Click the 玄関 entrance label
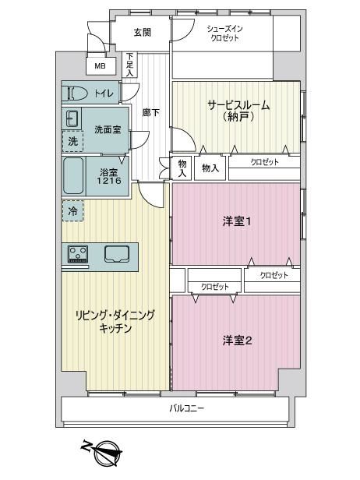pos(143,32)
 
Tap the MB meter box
pos(101,65)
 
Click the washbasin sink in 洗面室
pos(72,118)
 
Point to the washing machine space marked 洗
pos(73,141)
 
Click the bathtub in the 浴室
pos(73,176)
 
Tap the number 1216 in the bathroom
pos(109,181)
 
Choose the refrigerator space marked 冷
pos(73,211)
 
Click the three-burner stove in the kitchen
pos(78,254)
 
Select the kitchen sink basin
pos(117,254)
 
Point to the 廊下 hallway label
pos(150,113)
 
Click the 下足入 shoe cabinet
pos(129,65)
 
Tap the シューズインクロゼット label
pos(224,34)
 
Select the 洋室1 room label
pos(237,221)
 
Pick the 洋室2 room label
pos(237,340)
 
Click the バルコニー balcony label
pos(187,408)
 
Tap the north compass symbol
pos(106,453)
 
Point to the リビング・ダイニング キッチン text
pos(115,321)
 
